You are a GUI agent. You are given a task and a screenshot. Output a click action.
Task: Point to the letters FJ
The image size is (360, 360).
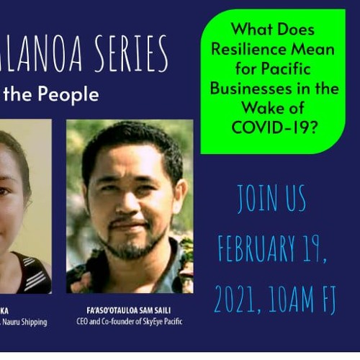pyautogui.click(x=328, y=297)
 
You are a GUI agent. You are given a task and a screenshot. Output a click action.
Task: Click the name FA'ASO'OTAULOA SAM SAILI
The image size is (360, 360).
pyautogui.click(x=130, y=311)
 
